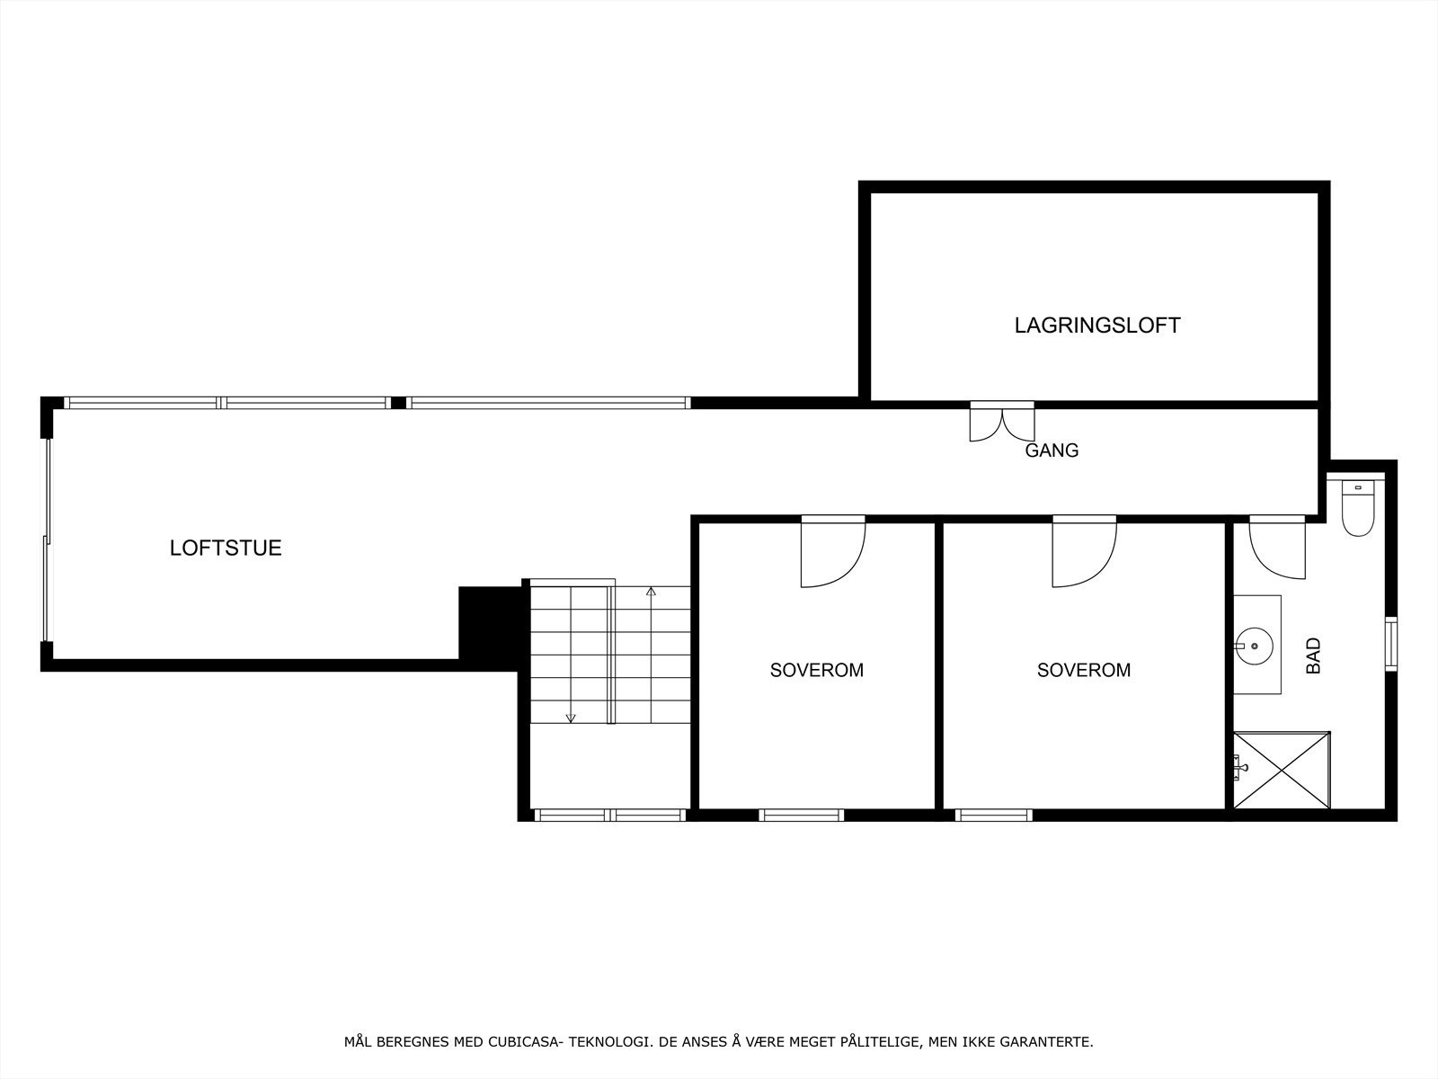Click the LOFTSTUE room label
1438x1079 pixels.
[226, 548]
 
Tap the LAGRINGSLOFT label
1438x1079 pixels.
[1096, 325]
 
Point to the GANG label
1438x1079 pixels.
[1052, 450]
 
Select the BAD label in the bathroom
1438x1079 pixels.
[1313, 655]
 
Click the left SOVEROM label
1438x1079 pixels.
[816, 670]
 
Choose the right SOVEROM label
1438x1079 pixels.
[1083, 670]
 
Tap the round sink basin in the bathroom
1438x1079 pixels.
[1251, 645]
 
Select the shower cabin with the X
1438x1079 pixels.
[1281, 771]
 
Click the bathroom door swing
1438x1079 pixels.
[1277, 548]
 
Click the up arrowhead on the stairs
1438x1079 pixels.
[652, 592]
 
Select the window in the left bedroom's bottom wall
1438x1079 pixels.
[801, 816]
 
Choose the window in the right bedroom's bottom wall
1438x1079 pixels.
[993, 816]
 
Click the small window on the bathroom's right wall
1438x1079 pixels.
[1390, 643]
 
